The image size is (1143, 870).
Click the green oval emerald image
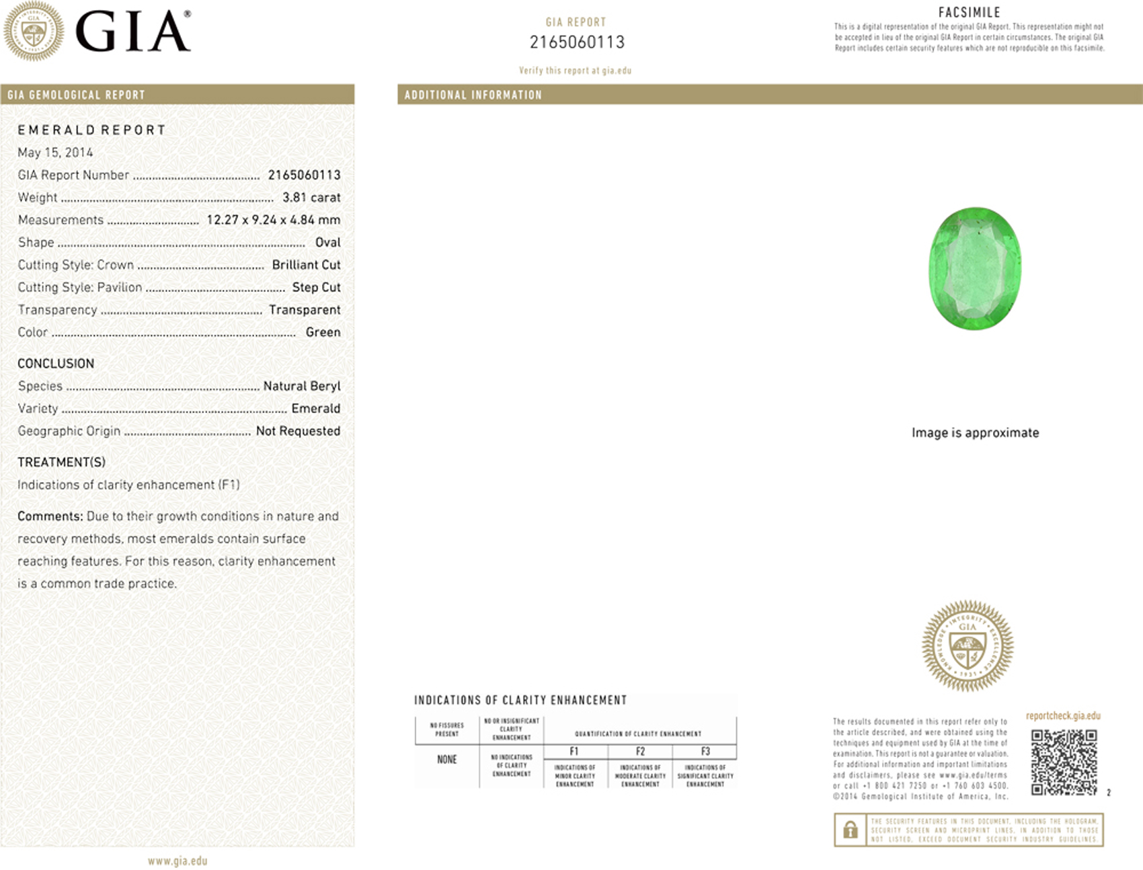pos(974,269)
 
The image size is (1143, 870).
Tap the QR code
pos(1064,762)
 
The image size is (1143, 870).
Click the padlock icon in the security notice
pos(850,830)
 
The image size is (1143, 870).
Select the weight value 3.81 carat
pos(311,198)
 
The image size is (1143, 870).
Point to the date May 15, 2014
pos(55,153)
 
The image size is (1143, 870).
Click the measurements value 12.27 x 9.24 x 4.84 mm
pos(273,220)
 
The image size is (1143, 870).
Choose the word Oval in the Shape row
pos(327,243)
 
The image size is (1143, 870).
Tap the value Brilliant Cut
pos(306,265)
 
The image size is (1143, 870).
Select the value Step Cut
pos(316,288)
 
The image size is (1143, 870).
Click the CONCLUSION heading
pos(56,364)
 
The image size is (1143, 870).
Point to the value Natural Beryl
pos(301,387)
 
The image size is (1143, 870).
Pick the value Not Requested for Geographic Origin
pos(298,431)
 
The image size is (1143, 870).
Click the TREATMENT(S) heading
pos(61,463)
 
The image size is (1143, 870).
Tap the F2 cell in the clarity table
pos(640,752)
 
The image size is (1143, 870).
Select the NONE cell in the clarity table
pos(446,760)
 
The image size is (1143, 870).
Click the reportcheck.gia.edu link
pos(1062,716)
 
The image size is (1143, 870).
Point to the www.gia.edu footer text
pos(178,861)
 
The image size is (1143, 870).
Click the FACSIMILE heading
pos(969,12)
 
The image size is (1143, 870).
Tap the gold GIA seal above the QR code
pos(968,646)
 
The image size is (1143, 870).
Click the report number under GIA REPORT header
pos(577,42)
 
